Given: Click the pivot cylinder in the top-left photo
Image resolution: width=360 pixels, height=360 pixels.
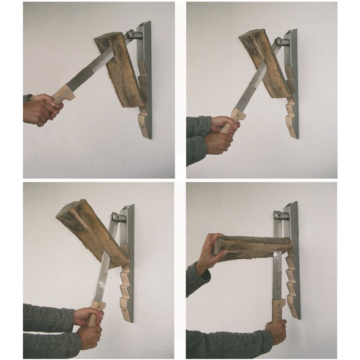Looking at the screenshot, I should (x=133, y=34).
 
